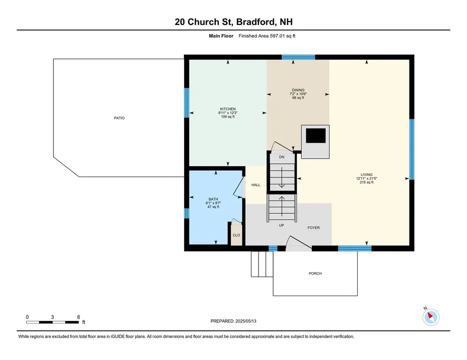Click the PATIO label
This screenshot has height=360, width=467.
(x=119, y=118)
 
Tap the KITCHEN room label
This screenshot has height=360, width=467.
(x=228, y=109)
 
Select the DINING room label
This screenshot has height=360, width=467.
(x=298, y=90)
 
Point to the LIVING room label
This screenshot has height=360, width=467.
(x=367, y=175)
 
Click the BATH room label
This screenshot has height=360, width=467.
(x=213, y=199)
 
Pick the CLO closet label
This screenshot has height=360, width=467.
(x=237, y=235)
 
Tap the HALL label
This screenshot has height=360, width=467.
(x=256, y=185)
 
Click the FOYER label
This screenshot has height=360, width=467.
(x=314, y=227)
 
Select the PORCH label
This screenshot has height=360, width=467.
(x=315, y=273)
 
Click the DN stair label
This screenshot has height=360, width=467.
(x=282, y=157)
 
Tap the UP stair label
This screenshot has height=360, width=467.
(x=281, y=225)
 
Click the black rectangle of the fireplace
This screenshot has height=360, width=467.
(x=316, y=136)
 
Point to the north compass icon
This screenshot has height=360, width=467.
(x=431, y=317)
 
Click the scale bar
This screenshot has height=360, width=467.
(x=52, y=322)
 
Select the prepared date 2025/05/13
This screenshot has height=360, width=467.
(x=246, y=321)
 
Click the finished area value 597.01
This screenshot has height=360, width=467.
(x=278, y=36)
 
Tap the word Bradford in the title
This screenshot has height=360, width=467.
(x=255, y=22)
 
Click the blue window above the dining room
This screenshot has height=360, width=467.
(x=298, y=57)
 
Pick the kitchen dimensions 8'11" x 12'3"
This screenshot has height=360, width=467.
(x=228, y=113)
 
